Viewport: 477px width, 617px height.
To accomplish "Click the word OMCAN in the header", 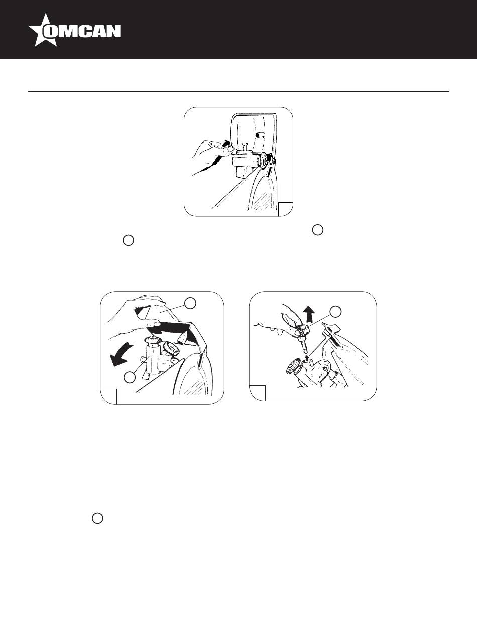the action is click(x=82, y=31).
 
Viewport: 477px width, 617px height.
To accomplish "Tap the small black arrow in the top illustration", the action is click(x=227, y=142).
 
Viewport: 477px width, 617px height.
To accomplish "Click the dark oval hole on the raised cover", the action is click(x=259, y=134).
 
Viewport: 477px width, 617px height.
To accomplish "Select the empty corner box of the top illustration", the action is click(x=285, y=209).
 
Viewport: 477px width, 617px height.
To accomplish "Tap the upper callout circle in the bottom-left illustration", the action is click(x=190, y=303).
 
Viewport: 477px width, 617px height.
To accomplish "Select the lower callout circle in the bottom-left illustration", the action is click(x=130, y=378).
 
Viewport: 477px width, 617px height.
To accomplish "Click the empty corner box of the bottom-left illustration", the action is click(x=109, y=397).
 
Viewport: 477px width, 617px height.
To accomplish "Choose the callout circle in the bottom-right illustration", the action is click(x=336, y=311).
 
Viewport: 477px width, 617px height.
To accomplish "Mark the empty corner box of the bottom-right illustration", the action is click(x=257, y=393).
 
